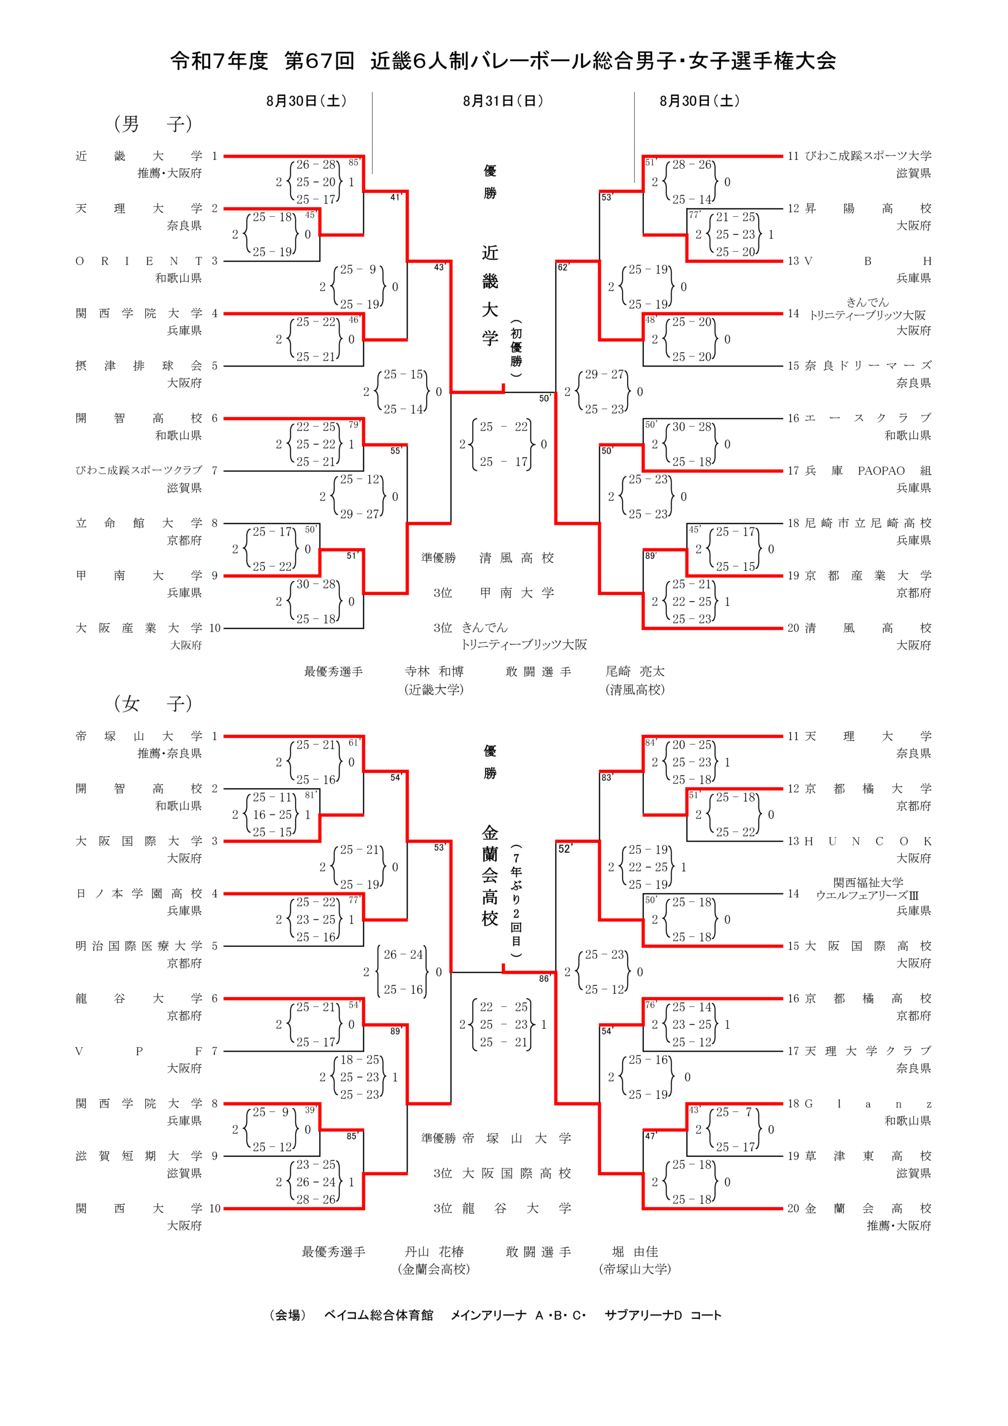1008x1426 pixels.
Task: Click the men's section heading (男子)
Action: pos(153,124)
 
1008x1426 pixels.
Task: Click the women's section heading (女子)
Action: pos(153,703)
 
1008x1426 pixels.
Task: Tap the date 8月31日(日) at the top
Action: pos(503,101)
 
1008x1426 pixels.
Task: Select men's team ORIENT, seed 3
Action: pos(139,261)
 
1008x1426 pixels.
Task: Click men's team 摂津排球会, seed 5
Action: pos(139,366)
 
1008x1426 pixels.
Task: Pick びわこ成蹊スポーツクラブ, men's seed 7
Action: pos(139,471)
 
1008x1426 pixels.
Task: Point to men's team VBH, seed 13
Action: pos(868,261)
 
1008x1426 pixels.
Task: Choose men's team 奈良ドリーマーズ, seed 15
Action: pos(868,366)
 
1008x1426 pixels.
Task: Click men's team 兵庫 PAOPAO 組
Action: pos(868,471)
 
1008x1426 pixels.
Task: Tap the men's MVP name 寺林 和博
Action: pos(434,671)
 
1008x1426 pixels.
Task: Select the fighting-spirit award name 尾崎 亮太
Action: pos(635,671)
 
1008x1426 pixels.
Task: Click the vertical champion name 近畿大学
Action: pos(490,295)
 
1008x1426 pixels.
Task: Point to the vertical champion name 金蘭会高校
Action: pos(490,876)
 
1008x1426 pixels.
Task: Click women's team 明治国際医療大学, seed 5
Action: pos(139,946)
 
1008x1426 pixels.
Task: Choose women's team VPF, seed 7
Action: pos(139,1051)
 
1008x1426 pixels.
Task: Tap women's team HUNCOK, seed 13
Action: pos(868,842)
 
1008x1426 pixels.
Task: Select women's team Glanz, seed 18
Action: pos(868,1103)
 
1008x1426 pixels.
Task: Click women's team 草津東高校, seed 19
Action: pos(868,1156)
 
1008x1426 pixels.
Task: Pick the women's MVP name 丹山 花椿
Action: pos(434,1252)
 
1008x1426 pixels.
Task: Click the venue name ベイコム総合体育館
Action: pos(378,1315)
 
